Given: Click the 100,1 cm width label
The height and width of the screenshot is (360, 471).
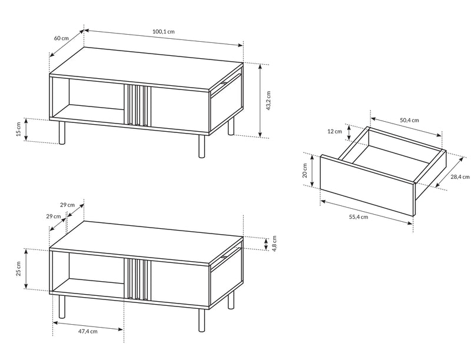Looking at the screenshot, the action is (164, 32).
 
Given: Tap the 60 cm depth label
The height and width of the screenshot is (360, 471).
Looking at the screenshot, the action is (61, 38).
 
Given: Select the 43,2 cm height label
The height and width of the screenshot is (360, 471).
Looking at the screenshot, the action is (268, 101).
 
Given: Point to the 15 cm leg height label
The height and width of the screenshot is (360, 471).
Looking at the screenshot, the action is (19, 129).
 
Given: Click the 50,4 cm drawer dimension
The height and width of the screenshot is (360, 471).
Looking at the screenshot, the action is (409, 121).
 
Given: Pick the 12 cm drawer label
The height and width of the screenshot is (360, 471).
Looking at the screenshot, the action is (334, 131).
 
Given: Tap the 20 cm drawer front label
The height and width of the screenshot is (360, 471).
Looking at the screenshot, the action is (305, 171).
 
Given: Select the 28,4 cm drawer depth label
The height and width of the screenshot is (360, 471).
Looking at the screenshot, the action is (460, 176).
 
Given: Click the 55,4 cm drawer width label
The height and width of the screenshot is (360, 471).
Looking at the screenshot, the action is (359, 217).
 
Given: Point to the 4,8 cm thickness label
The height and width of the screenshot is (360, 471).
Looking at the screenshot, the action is (274, 244).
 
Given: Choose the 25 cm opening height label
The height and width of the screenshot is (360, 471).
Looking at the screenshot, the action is (19, 269).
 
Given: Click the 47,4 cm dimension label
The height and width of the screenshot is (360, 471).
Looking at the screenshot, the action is (88, 332).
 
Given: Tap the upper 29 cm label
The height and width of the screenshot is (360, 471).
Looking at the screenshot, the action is (67, 205).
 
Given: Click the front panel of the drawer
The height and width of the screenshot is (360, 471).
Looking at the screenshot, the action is (367, 185).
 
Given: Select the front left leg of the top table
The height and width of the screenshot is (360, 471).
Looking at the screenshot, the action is (62, 132).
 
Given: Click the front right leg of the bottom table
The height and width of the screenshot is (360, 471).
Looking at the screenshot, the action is (201, 321).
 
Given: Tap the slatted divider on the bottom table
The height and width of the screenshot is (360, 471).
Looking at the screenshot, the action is (137, 279).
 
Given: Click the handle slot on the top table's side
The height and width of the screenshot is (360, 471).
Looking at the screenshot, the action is (224, 82).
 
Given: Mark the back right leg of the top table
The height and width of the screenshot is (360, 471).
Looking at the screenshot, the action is (231, 126).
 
